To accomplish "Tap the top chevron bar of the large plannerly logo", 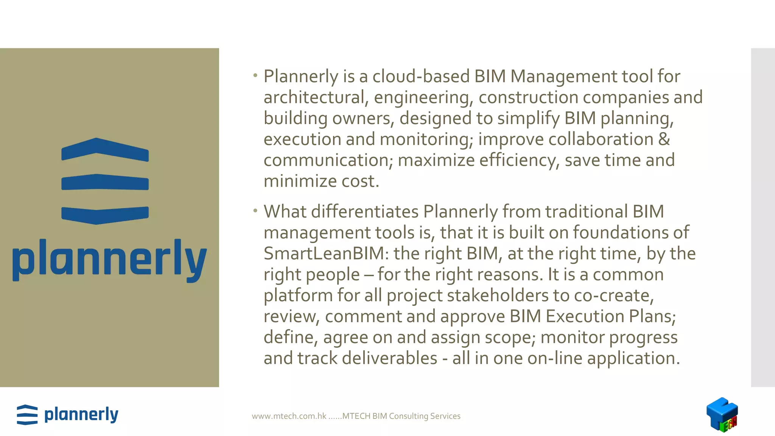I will pos(105,149).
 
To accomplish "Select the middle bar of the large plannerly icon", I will pos(105,182).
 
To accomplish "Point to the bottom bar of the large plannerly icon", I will pos(105,215).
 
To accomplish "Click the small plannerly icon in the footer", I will pos(27,415).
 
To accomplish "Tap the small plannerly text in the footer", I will pos(81,415).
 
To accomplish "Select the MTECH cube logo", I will pos(722,415).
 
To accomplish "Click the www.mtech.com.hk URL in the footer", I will pos(289,416).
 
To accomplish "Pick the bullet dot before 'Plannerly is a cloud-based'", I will pos(255,76).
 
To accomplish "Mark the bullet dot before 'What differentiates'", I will pos(255,211).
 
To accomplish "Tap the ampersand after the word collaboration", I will pos(664,139).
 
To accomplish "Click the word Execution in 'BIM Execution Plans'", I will pos(585,316).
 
